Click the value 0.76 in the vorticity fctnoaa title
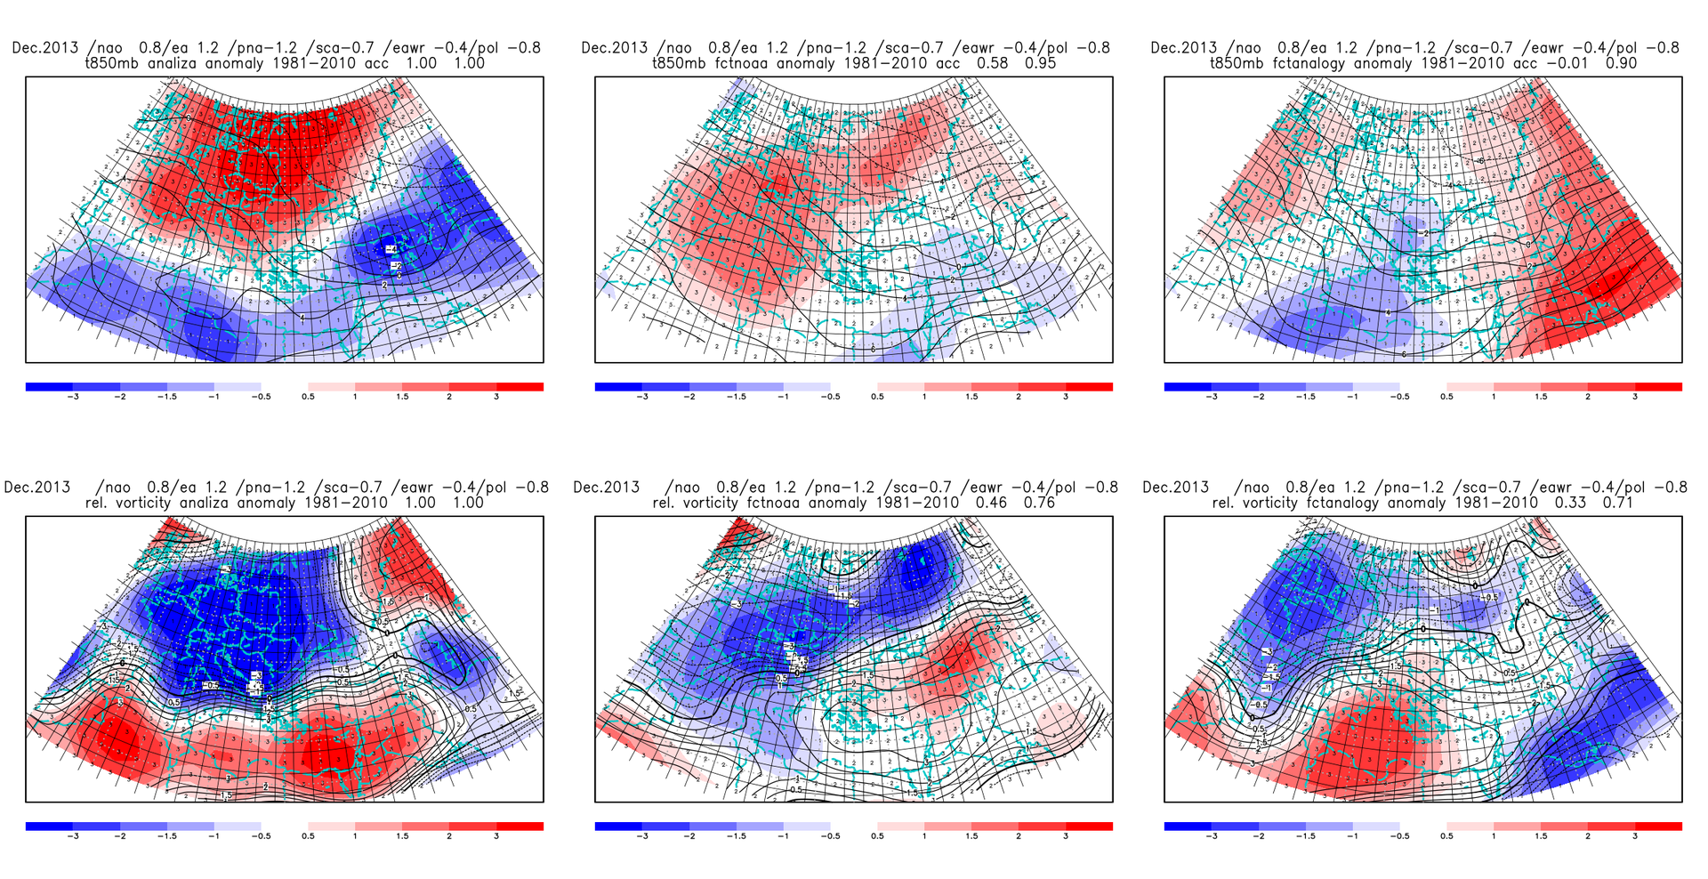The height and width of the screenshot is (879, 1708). (1040, 503)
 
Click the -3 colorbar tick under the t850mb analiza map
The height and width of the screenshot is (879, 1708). (73, 397)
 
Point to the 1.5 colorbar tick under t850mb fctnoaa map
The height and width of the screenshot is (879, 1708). (971, 397)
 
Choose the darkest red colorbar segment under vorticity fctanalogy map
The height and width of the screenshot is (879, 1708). (1658, 827)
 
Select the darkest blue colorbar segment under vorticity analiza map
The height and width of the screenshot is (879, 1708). (49, 827)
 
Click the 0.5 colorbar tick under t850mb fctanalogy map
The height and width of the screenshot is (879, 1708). (1446, 397)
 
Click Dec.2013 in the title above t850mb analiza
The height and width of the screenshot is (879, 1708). (44, 48)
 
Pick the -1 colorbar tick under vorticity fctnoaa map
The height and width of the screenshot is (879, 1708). (783, 836)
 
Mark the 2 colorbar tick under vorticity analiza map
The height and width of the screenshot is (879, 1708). (449, 836)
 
